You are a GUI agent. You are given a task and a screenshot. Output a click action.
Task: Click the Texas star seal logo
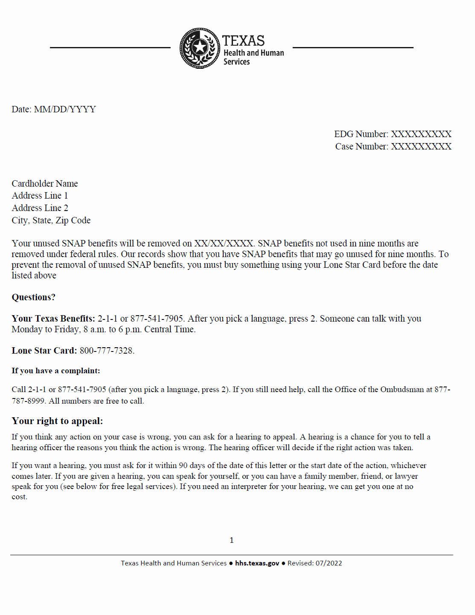point(200,48)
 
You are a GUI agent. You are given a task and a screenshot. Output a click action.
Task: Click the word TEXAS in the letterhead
point(243,41)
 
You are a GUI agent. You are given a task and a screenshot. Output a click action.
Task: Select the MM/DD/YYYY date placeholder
point(65,109)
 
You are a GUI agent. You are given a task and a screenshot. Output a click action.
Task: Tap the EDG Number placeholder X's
point(421,134)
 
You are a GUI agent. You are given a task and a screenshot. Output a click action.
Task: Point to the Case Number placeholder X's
point(421,146)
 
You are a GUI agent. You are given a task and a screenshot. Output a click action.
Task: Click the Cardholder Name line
point(45,184)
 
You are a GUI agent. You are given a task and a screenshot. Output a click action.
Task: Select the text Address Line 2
point(40,208)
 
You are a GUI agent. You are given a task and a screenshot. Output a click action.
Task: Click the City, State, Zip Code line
point(51,220)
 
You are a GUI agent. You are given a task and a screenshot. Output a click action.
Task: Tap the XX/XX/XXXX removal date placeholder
point(224,243)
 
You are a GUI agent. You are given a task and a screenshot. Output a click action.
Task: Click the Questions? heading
point(33,297)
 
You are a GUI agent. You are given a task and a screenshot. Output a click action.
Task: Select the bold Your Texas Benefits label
point(53,319)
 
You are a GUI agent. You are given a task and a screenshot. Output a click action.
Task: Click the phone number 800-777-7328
point(106,351)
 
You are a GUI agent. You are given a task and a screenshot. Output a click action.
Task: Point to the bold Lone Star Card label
point(44,351)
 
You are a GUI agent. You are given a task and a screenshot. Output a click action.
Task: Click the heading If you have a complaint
point(56,371)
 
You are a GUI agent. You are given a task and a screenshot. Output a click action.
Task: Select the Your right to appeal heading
point(57,421)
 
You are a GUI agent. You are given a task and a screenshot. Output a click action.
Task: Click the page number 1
point(232,540)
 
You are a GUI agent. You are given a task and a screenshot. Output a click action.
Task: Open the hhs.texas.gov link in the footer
point(257,563)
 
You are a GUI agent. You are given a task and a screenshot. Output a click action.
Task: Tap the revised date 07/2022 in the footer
point(329,563)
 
